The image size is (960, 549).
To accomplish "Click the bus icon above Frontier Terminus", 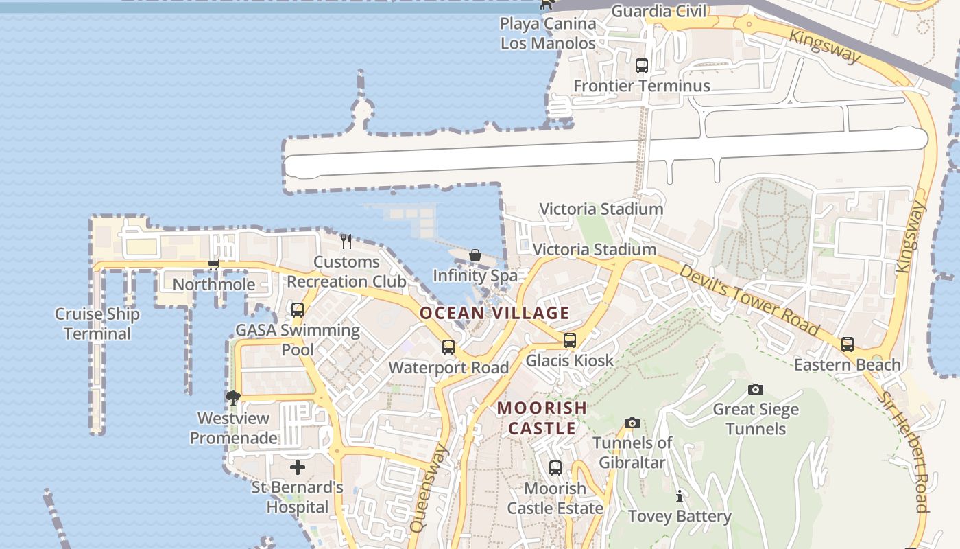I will pyautogui.click(x=642, y=66).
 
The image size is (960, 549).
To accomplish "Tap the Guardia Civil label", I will pyautogui.click(x=658, y=11).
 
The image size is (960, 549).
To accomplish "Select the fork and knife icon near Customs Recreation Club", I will pyautogui.click(x=346, y=242).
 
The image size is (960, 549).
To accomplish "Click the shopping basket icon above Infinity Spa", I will pyautogui.click(x=475, y=256).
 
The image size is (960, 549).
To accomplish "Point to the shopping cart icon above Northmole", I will pyautogui.click(x=213, y=264).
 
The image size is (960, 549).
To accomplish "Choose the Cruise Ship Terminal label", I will pyautogui.click(x=97, y=324).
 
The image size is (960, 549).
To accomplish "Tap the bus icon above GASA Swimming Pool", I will pyautogui.click(x=298, y=309).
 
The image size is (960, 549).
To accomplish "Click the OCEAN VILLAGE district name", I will pyautogui.click(x=494, y=314).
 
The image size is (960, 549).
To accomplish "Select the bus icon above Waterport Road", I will pyautogui.click(x=448, y=347).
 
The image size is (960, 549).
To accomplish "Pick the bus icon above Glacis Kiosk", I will pyautogui.click(x=570, y=340).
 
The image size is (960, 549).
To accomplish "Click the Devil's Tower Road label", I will pyautogui.click(x=749, y=300).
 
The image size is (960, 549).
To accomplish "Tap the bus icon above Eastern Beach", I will pyautogui.click(x=848, y=344).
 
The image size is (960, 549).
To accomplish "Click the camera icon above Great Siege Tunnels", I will pyautogui.click(x=756, y=390).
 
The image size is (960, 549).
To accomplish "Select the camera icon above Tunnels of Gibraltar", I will pyautogui.click(x=632, y=423).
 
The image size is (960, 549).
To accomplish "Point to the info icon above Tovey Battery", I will pyautogui.click(x=680, y=496).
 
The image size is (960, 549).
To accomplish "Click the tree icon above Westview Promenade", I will pyautogui.click(x=233, y=397).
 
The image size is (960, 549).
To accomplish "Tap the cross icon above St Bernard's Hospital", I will pyautogui.click(x=298, y=467).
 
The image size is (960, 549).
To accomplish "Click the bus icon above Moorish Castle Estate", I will pyautogui.click(x=555, y=468).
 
